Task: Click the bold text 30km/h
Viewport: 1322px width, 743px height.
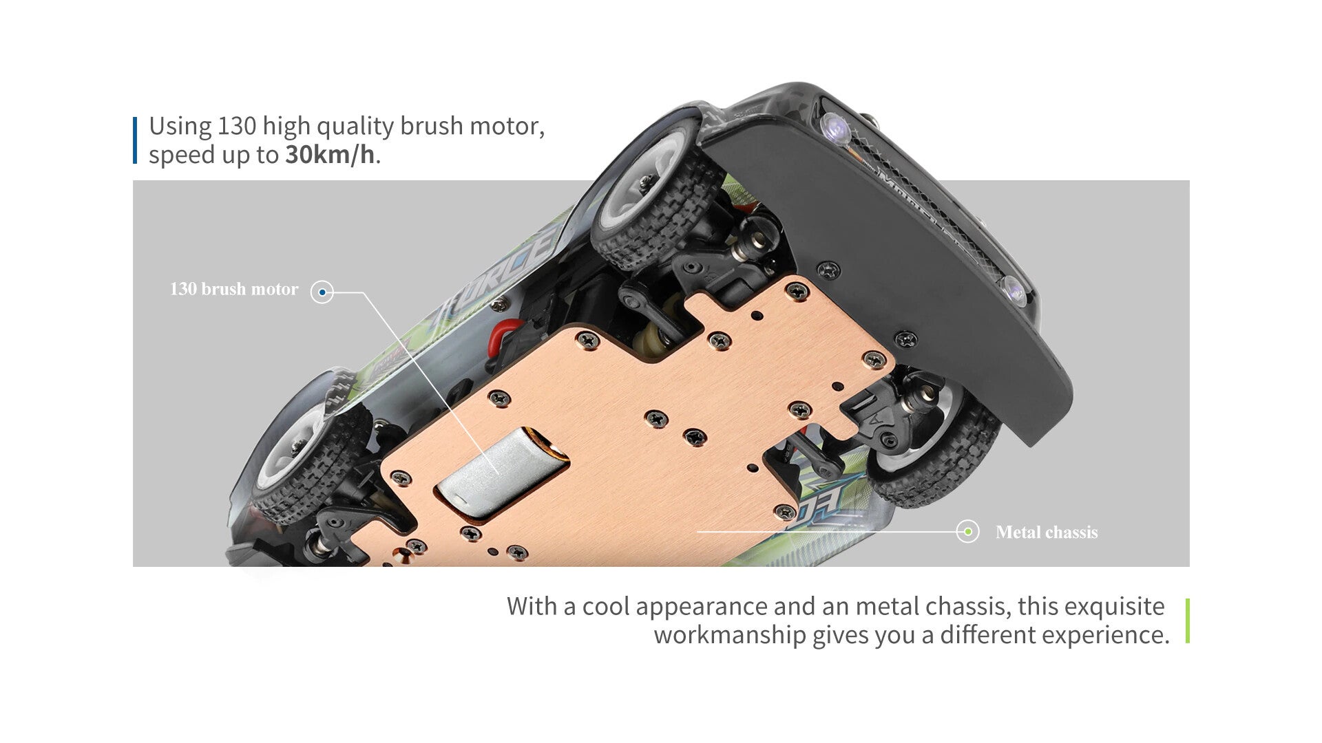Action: pyautogui.click(x=330, y=155)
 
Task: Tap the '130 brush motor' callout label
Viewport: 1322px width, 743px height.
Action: pyautogui.click(x=234, y=289)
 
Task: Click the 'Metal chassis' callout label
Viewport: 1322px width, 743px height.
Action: pyautogui.click(x=1047, y=532)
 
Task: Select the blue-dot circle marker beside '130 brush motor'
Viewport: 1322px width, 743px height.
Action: pyautogui.click(x=322, y=292)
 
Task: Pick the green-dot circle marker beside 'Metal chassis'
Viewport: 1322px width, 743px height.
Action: pyautogui.click(x=967, y=531)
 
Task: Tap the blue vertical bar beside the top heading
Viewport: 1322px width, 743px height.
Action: pyautogui.click(x=135, y=140)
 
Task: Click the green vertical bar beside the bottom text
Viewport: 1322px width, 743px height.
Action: pyautogui.click(x=1188, y=621)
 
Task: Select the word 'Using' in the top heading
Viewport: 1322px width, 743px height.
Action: pyautogui.click(x=180, y=127)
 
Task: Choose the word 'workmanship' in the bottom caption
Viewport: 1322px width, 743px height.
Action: pyautogui.click(x=730, y=635)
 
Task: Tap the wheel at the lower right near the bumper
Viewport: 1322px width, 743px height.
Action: pyautogui.click(x=936, y=440)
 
